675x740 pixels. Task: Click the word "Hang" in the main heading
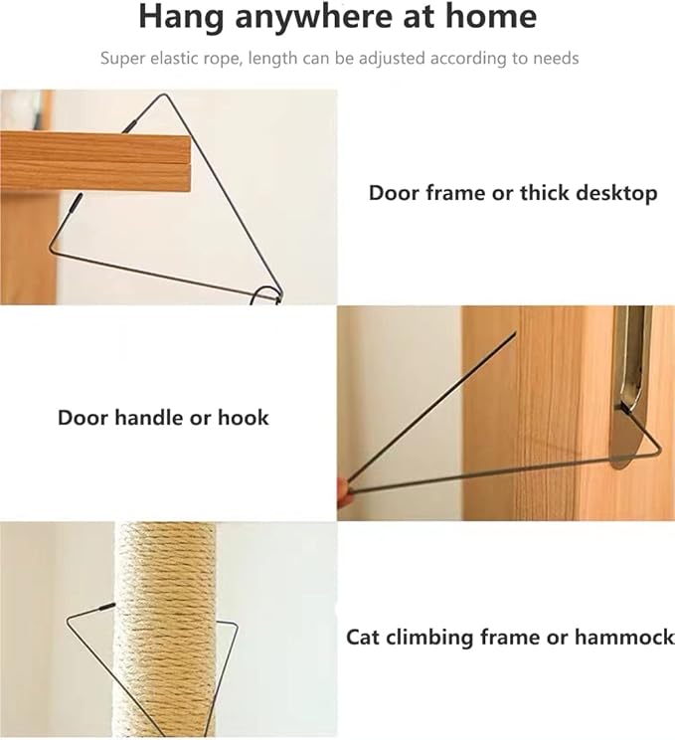point(181,17)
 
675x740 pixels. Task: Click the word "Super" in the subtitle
point(122,59)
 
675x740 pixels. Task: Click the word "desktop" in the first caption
point(616,194)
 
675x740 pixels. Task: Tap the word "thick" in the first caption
point(544,193)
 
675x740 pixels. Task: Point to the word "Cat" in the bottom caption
point(362,638)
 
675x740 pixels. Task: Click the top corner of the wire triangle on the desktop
point(165,94)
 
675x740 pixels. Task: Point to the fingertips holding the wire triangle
point(343,490)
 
